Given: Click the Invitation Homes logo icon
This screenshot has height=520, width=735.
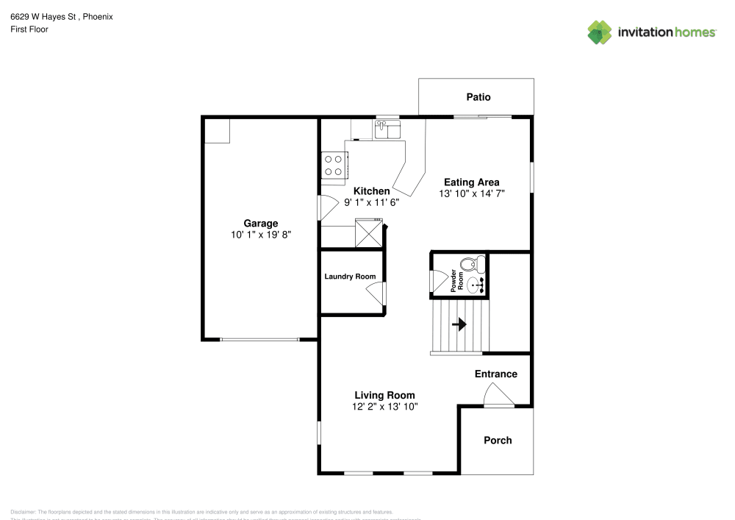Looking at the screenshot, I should [x=600, y=32].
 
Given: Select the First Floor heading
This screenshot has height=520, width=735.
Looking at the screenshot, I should [x=29, y=29].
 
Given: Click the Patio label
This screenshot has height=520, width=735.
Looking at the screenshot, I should [x=478, y=97].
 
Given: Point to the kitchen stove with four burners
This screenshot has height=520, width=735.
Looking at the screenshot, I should [x=333, y=165].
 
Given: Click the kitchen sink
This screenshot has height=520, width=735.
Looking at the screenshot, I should [x=387, y=131].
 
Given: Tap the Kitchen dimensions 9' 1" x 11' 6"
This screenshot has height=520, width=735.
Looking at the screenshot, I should [x=371, y=202].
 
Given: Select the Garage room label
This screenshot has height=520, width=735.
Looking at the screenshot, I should [x=261, y=224].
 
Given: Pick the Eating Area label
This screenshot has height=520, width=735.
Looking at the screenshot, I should [x=471, y=182].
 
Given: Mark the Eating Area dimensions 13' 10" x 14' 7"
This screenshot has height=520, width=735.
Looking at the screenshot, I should [x=471, y=193].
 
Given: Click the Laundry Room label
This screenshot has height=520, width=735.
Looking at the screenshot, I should [x=350, y=277].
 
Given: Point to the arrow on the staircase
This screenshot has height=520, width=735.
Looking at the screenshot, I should [x=460, y=324].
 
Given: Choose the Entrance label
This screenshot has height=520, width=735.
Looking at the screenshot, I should [x=495, y=374].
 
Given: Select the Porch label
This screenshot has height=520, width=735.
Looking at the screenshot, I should [x=498, y=440].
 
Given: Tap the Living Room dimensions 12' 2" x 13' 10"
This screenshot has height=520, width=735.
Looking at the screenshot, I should [x=385, y=406].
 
